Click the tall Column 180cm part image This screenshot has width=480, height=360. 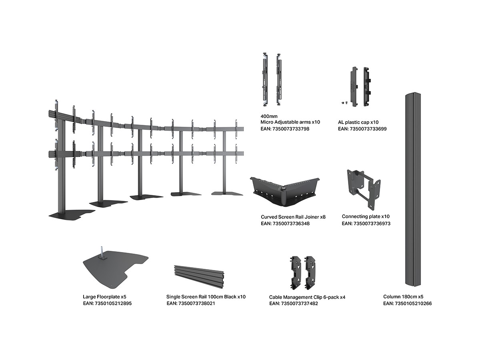click(x=412, y=188)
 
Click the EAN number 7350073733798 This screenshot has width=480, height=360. click(x=285, y=129)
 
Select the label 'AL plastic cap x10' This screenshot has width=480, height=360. click(x=358, y=122)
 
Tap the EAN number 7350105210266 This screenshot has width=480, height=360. click(x=407, y=304)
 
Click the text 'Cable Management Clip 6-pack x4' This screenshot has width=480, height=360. click(x=307, y=297)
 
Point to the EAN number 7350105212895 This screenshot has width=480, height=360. click(x=107, y=304)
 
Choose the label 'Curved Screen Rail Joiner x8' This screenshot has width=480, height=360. click(x=293, y=217)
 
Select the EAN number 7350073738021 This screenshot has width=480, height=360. click(x=191, y=304)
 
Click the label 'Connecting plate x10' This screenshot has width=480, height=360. click(x=366, y=216)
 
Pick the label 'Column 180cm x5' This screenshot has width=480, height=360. click(x=403, y=297)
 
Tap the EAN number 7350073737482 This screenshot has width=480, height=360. click(x=294, y=304)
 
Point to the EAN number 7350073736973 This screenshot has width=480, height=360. click(x=366, y=223)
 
